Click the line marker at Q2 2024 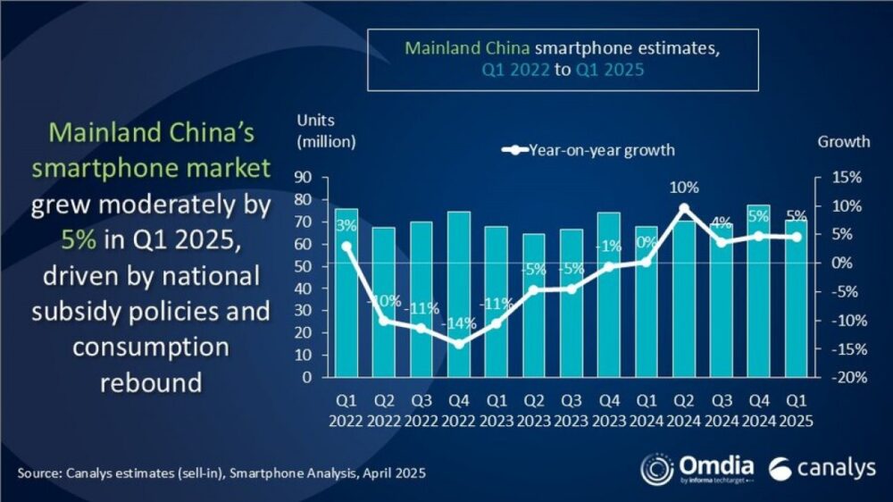pyautogui.click(x=683, y=208)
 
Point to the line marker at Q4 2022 pyautogui.click(x=458, y=344)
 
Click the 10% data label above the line pyautogui.click(x=683, y=188)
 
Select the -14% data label pyautogui.click(x=458, y=323)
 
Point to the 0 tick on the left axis pyautogui.click(x=306, y=377)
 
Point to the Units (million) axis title pyautogui.click(x=326, y=130)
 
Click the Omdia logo pyautogui.click(x=697, y=468)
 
